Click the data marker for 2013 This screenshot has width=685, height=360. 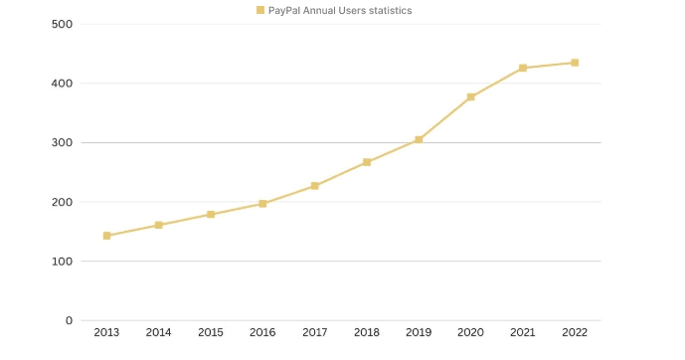(x=106, y=236)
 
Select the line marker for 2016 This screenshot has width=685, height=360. (x=262, y=204)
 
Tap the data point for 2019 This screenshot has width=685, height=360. (x=419, y=140)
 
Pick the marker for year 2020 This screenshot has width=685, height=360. (x=470, y=97)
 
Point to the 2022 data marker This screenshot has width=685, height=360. (x=575, y=63)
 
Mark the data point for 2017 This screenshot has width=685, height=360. (x=314, y=186)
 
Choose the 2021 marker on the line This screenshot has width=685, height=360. (x=523, y=68)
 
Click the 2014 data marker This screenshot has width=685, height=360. (x=158, y=225)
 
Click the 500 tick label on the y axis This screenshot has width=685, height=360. (x=62, y=24)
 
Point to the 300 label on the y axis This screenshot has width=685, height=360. (x=62, y=142)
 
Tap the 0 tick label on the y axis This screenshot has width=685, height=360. (x=69, y=320)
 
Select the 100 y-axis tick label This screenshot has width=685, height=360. (x=62, y=262)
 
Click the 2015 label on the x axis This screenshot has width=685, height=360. (x=211, y=332)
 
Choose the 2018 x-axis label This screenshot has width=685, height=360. (x=367, y=332)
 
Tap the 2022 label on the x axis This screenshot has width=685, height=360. (x=575, y=332)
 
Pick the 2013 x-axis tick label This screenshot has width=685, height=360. (x=106, y=332)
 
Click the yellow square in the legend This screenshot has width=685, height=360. (x=260, y=10)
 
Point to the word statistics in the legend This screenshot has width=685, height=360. (x=387, y=10)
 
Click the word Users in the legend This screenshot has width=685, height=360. (x=346, y=10)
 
